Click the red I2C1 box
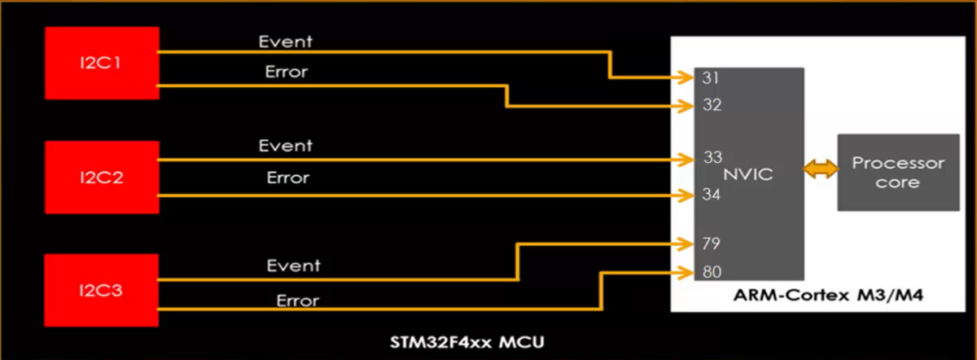(101, 64)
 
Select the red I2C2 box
(101, 177)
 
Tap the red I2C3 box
(101, 291)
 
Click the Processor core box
(898, 173)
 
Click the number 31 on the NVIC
(709, 79)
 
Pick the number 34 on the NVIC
(712, 195)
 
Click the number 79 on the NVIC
(712, 244)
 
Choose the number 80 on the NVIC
(712, 273)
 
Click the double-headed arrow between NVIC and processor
(821, 170)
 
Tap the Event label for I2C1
(285, 41)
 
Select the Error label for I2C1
(286, 72)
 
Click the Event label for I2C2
(286, 147)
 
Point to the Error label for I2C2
(287, 178)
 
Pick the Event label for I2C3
(293, 266)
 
